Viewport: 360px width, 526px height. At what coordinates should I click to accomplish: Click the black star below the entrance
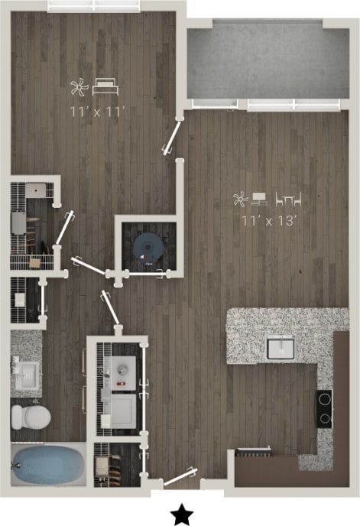(181, 515)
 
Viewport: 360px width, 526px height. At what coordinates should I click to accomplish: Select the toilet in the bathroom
(30, 416)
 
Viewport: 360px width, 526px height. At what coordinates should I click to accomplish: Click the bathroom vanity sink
(27, 373)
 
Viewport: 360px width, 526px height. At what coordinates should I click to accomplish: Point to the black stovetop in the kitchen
(325, 407)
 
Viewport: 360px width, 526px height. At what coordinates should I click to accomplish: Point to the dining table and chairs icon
(288, 200)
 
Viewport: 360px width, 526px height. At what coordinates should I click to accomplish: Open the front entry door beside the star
(180, 479)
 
